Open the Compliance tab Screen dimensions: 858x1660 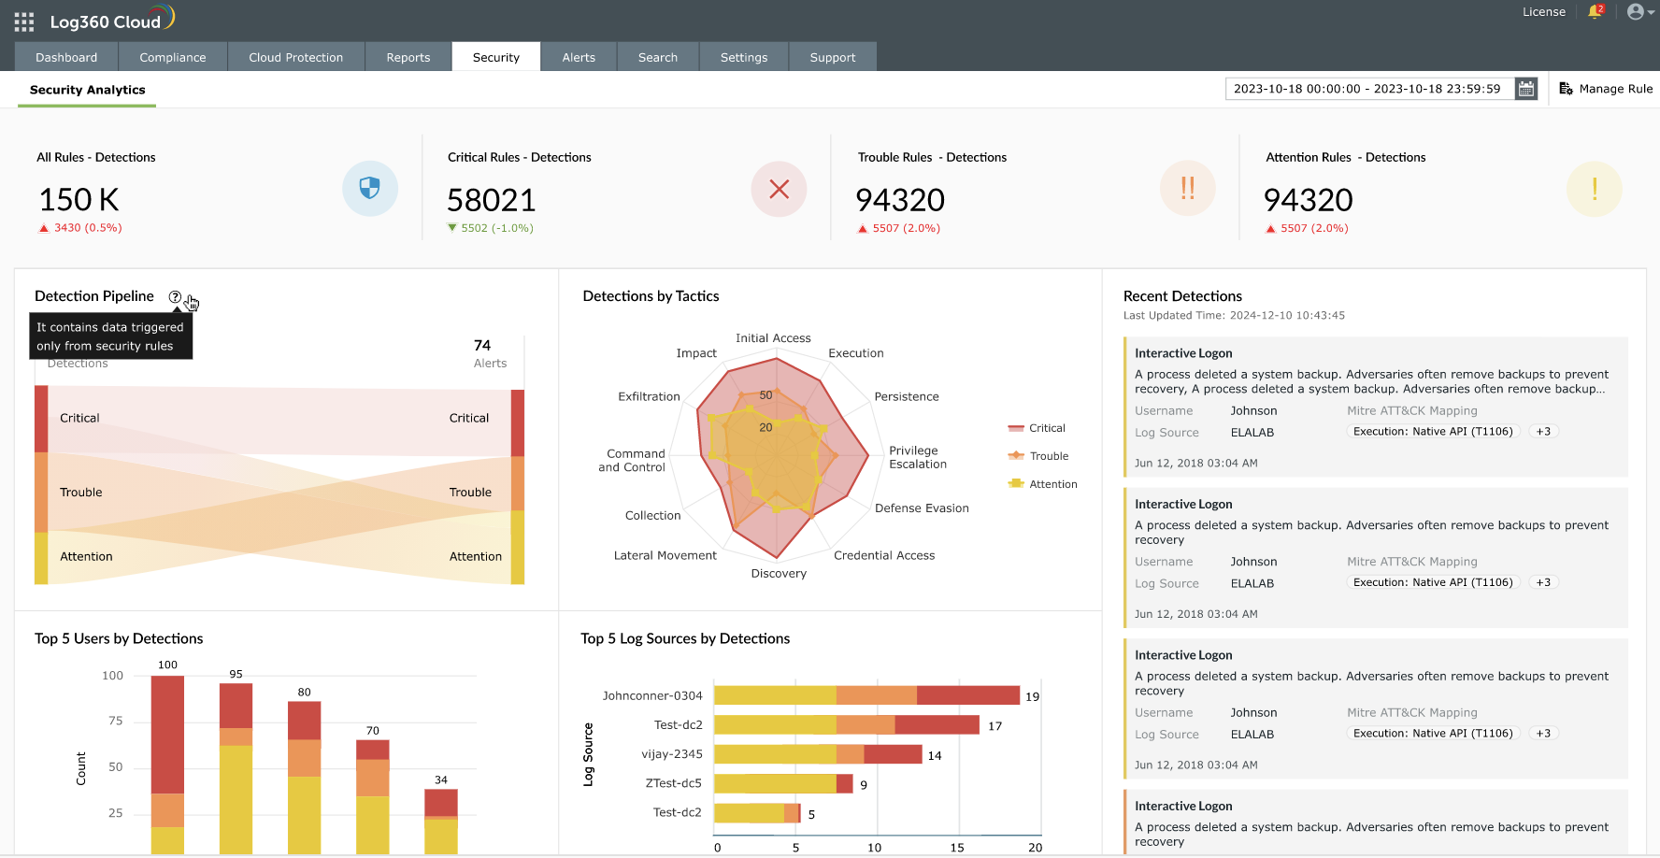tap(173, 57)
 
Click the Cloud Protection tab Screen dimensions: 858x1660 tap(295, 57)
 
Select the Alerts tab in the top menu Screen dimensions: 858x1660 tap(579, 57)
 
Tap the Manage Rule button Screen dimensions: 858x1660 tap(1606, 89)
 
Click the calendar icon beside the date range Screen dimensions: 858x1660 tap(1526, 89)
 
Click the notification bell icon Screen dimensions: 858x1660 tap(1595, 12)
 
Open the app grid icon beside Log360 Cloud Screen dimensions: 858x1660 tap(24, 21)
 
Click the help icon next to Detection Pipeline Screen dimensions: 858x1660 tap(175, 297)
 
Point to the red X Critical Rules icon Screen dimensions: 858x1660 tap(779, 189)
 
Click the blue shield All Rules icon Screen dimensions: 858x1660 tap(370, 189)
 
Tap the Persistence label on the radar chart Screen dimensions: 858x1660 tap(907, 396)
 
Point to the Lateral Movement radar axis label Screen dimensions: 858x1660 tap(665, 555)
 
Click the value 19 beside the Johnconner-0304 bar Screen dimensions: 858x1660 tap(1032, 696)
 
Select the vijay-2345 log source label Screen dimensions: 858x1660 tap(672, 754)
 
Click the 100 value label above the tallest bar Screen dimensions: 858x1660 tap(167, 665)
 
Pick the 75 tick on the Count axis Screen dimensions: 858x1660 tap(116, 721)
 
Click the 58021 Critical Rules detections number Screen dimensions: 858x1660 tap(492, 200)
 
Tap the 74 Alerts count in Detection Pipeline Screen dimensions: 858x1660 tap(482, 346)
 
